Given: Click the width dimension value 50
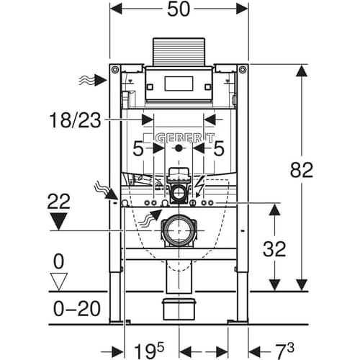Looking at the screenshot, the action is [x=179, y=9].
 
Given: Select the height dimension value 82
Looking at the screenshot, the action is [x=302, y=170].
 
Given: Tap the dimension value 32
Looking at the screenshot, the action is [x=274, y=249].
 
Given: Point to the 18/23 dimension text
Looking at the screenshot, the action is [x=75, y=120].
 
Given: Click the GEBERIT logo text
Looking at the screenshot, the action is [x=185, y=138].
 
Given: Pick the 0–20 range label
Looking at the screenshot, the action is [x=76, y=308].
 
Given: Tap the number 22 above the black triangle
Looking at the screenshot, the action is [x=59, y=201].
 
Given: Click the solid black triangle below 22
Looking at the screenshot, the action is [x=59, y=221].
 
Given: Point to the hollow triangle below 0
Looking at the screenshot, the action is [x=59, y=282].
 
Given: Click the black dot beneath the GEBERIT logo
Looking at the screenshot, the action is [x=179, y=148].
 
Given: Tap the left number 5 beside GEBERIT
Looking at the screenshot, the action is [x=138, y=148].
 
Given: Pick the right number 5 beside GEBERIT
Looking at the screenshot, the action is [x=219, y=148].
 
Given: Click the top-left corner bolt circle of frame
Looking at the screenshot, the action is [x=115, y=70].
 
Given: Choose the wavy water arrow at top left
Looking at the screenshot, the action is [x=93, y=80].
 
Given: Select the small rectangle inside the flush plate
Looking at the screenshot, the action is [x=179, y=84].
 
